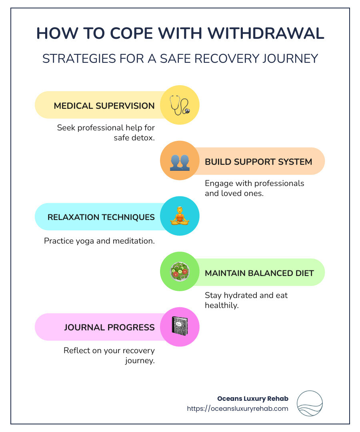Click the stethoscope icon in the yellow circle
coord(180,105)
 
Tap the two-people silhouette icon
coord(180,161)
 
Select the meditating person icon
coord(180,216)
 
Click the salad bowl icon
coord(180,272)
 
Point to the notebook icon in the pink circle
coord(180,326)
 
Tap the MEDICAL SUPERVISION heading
coord(104,106)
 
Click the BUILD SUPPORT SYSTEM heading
coord(258,162)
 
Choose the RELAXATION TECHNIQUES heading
coord(101,217)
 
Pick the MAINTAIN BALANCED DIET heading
coord(259,273)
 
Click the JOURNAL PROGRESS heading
coord(109,327)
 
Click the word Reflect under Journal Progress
coord(76,350)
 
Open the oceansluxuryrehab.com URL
coord(238,408)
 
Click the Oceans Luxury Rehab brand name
coord(252,398)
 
